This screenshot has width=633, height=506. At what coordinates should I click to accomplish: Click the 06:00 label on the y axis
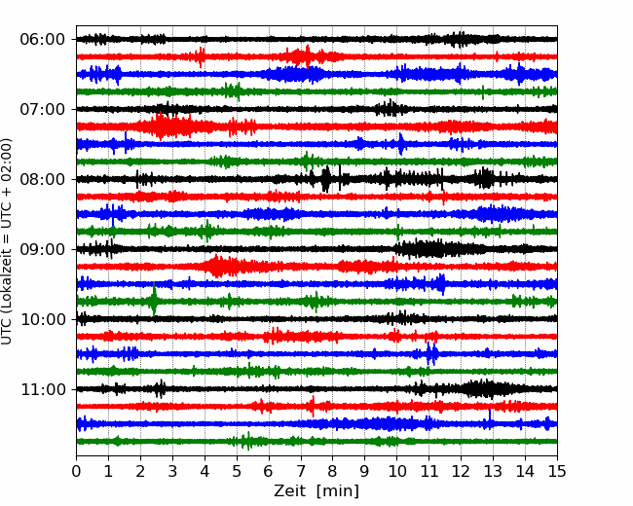[x=43, y=40]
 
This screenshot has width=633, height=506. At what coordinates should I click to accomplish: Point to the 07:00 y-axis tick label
[x=43, y=109]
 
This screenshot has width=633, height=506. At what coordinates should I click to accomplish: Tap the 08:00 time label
[x=43, y=180]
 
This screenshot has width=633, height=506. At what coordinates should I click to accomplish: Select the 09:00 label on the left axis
[x=43, y=249]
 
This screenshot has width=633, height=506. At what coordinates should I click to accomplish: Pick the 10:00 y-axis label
[x=43, y=319]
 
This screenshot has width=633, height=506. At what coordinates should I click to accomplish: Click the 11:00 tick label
[x=43, y=390]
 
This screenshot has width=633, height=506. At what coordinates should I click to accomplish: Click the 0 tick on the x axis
[x=76, y=471]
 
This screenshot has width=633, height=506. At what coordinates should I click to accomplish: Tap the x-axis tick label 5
[x=237, y=471]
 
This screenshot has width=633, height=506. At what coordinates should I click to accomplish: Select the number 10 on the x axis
[x=396, y=471]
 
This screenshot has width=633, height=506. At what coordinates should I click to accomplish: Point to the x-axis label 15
[x=557, y=471]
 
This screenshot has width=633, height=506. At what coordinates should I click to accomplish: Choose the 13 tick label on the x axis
[x=493, y=471]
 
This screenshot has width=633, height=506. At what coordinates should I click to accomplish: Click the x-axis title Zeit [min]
[x=316, y=491]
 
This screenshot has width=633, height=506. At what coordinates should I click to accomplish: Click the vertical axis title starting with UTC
[x=7, y=241]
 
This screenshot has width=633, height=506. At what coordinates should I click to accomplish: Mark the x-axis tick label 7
[x=301, y=471]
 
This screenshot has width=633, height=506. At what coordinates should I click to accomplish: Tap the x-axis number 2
[x=140, y=471]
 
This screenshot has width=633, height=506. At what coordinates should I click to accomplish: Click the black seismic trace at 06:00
[x=316, y=39]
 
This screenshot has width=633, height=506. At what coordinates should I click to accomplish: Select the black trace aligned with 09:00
[x=316, y=249]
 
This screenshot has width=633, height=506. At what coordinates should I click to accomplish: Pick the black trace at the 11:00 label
[x=316, y=389]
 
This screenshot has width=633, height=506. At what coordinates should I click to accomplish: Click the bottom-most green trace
[x=316, y=441]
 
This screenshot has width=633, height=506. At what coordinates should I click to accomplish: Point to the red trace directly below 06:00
[x=316, y=56]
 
